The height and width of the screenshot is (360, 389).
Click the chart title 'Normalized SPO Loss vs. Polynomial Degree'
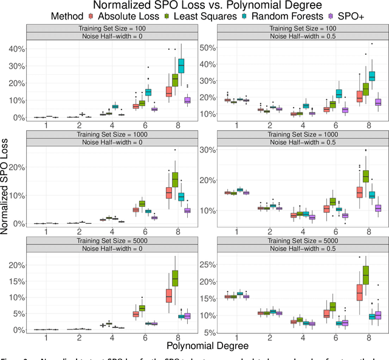(x=194, y=6)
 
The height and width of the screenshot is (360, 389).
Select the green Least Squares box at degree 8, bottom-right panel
(x=365, y=279)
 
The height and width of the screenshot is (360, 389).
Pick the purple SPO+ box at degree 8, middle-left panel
(x=187, y=210)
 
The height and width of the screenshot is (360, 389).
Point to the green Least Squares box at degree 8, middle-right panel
(x=365, y=176)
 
